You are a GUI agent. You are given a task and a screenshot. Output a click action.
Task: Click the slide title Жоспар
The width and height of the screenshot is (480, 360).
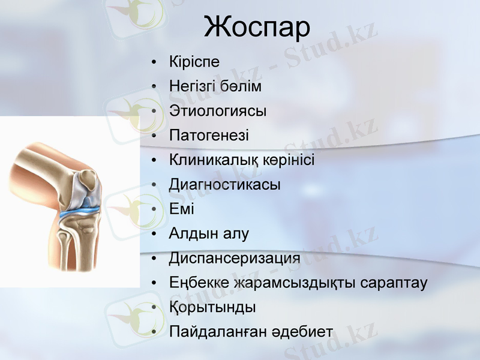(257, 27)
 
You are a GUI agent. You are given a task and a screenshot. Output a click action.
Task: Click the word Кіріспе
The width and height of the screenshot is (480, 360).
(194, 62)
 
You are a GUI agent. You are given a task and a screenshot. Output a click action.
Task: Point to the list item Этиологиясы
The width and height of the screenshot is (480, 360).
(218, 111)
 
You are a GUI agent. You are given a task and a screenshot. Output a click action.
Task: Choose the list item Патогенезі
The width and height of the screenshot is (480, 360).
(209, 136)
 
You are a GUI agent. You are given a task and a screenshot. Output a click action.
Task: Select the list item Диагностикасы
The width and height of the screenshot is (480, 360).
(225, 185)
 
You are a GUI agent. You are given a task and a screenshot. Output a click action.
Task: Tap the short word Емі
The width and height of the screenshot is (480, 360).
(182, 209)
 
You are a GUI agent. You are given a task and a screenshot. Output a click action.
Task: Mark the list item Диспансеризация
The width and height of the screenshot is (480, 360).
(235, 259)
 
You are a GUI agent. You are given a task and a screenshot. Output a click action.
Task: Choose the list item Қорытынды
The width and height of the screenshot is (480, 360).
(213, 308)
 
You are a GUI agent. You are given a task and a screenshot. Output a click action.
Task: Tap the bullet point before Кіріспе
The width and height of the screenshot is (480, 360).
(155, 62)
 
